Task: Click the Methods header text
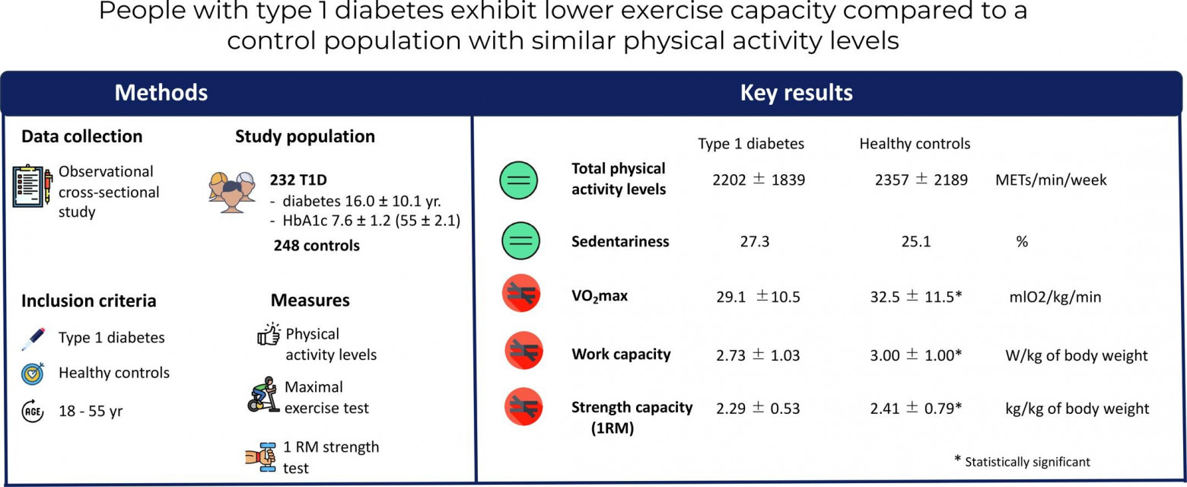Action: click(x=161, y=93)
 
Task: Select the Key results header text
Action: click(x=796, y=93)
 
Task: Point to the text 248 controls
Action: click(x=315, y=246)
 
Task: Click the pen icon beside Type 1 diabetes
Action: click(x=33, y=339)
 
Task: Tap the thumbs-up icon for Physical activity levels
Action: click(x=269, y=335)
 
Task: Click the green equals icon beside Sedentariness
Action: click(x=519, y=241)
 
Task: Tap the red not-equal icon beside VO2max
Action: click(x=521, y=295)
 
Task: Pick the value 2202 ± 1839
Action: click(x=759, y=180)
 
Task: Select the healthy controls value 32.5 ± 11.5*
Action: click(x=916, y=296)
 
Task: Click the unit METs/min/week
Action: click(x=1051, y=180)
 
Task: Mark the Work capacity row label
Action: click(x=621, y=354)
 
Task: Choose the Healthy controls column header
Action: click(x=915, y=144)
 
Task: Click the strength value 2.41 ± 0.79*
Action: click(x=916, y=409)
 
